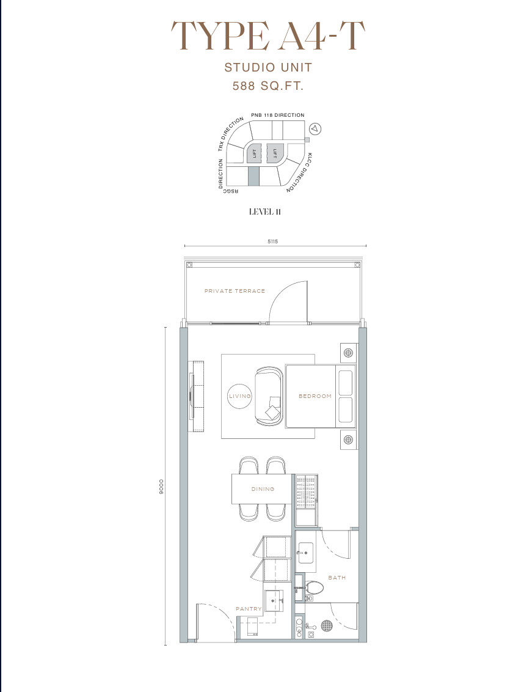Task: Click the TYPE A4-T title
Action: tap(268, 35)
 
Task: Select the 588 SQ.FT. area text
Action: tap(268, 86)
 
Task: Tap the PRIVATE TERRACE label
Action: tap(235, 291)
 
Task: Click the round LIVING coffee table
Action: tap(240, 396)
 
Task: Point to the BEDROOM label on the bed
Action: tap(315, 396)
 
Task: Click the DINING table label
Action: tap(263, 489)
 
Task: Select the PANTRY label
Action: tap(249, 609)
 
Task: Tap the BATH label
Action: tap(337, 577)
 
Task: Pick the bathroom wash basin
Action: tap(305, 551)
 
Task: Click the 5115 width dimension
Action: tap(273, 241)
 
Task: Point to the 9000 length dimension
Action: tap(161, 487)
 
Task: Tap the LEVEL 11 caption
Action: tap(265, 212)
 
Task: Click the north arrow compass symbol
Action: tap(315, 129)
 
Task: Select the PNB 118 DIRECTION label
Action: tap(278, 115)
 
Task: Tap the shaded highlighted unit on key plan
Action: tap(253, 176)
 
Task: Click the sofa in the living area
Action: tap(269, 396)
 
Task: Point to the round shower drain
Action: tap(327, 625)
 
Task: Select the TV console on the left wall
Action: tap(197, 396)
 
